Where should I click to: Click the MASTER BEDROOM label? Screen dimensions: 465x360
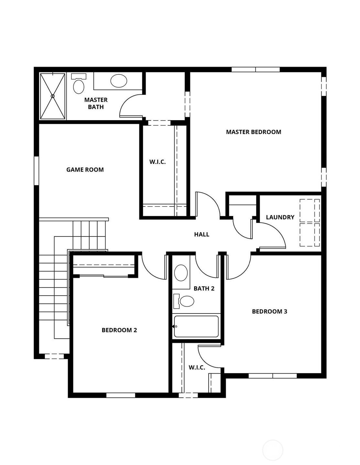253,132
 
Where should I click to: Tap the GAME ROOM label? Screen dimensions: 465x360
85,170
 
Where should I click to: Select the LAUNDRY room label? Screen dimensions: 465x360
280,217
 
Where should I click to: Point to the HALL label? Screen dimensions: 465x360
202,235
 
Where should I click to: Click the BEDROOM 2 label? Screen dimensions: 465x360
119,330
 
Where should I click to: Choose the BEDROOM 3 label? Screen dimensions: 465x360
269,312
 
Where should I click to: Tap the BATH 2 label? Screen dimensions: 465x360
204,289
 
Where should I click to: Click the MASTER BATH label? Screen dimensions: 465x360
96,103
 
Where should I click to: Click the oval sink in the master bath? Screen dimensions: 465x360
119,81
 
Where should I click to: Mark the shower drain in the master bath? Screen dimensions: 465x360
53,96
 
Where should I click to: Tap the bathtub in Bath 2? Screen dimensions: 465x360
196,326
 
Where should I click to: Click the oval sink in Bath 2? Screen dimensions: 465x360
181,273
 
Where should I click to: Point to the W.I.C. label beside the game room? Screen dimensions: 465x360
158,162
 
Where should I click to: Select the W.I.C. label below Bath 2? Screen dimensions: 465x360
197,367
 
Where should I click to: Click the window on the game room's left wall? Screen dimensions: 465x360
37,171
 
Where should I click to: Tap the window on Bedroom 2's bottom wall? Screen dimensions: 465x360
121,395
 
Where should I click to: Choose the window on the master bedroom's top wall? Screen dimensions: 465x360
256,69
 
